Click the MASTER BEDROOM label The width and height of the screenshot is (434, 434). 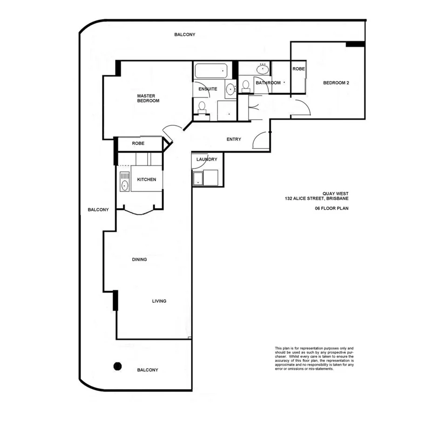point(148,98)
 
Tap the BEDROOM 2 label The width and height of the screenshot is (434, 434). point(336,83)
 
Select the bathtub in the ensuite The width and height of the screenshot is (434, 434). point(210,71)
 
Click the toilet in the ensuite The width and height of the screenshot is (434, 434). point(202,107)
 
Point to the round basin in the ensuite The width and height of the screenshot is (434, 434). point(230,89)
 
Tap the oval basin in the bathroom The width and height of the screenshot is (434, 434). point(263,69)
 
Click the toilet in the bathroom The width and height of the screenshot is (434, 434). point(245,86)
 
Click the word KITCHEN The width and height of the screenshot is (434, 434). point(146,180)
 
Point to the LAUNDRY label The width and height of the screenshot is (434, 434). point(207,159)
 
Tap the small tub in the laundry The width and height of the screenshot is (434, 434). point(197,178)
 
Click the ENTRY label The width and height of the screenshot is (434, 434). point(234,139)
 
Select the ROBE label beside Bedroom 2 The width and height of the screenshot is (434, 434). point(298,69)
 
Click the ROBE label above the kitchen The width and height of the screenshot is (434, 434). point(138,144)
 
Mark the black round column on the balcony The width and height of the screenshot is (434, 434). point(118,366)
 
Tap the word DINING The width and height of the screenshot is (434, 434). point(139,259)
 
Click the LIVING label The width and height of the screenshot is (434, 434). point(159,301)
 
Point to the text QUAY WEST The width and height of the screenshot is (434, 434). point(335,194)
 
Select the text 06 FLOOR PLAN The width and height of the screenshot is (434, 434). point(332,209)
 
